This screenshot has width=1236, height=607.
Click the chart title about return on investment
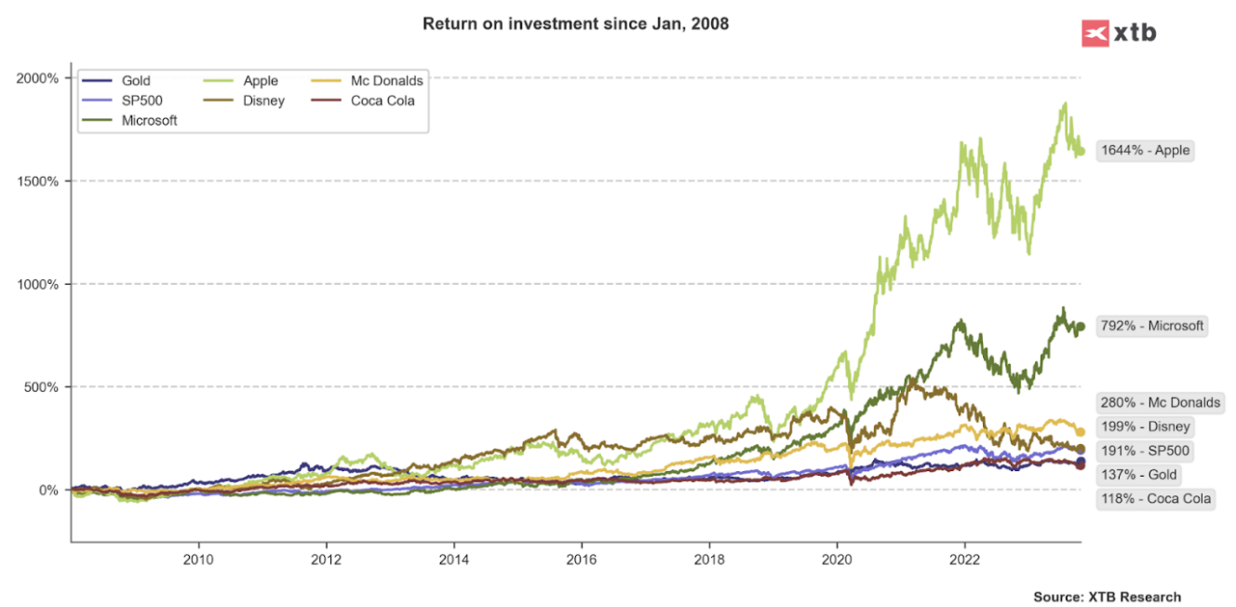pos(575,23)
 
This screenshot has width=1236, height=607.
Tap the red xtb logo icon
pos(1095,33)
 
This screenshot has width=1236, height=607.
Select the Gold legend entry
pos(136,81)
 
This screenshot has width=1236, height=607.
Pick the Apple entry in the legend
pos(260,81)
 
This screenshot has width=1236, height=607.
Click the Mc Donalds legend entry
pos(386,81)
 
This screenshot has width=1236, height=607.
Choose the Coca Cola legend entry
pos(383,101)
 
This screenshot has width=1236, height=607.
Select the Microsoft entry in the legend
pos(149,120)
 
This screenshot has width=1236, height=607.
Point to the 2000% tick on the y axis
pos(38,78)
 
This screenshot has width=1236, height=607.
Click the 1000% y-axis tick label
pos(38,284)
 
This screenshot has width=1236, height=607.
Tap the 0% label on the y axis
pos(48,491)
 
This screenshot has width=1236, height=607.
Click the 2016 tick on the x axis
pos(581,560)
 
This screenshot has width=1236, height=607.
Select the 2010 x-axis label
pos(198,560)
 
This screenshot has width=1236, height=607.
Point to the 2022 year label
pos(964,560)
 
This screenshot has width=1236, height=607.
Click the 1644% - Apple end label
pos(1145,150)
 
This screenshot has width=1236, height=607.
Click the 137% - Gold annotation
pos(1139,475)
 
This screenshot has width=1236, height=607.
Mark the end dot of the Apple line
pos(1081,151)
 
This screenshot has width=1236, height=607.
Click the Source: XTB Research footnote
pos(1107,597)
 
